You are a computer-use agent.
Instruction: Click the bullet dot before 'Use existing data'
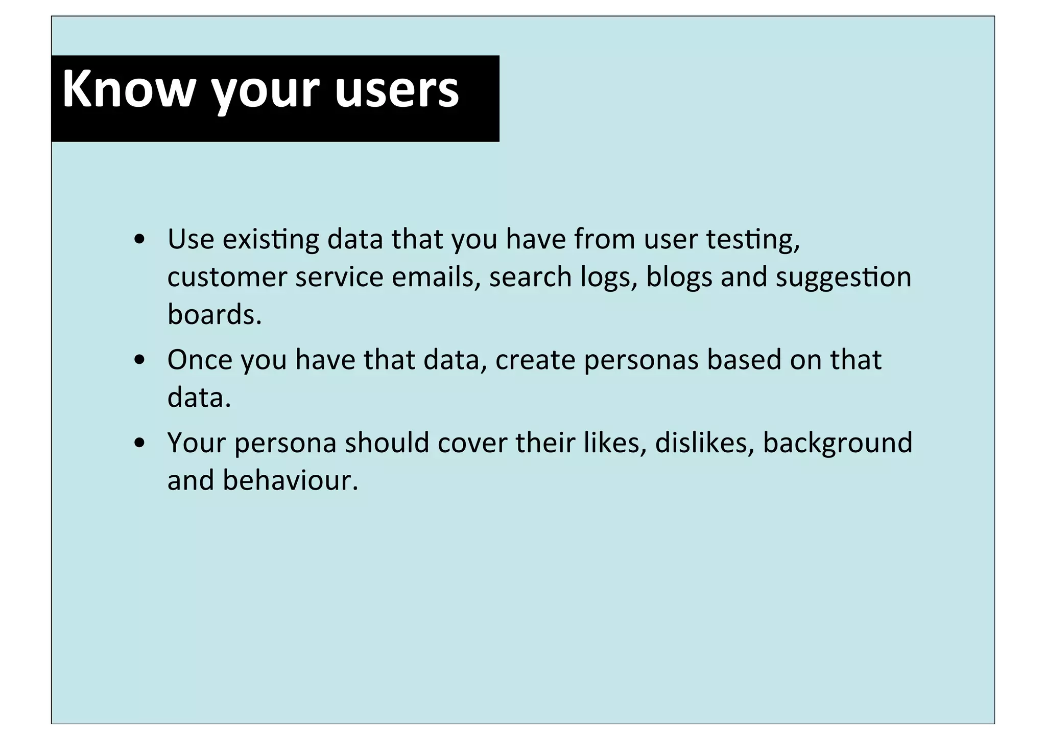point(139,240)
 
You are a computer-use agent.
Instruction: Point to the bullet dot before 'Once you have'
point(139,361)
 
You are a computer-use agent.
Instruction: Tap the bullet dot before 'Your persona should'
point(139,444)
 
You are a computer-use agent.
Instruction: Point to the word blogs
point(679,277)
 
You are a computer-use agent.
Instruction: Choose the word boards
point(214,315)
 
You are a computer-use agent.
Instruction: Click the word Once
point(200,360)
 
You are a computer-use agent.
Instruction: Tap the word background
point(837,444)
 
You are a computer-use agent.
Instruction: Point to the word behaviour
point(290,480)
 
